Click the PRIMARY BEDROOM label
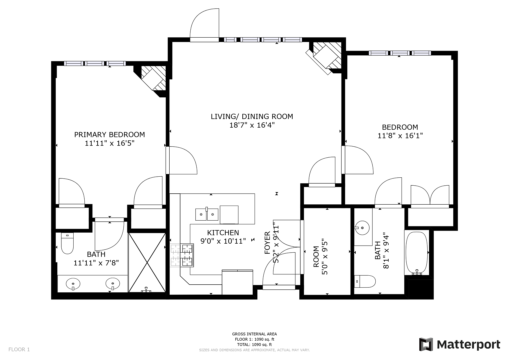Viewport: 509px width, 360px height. click(110, 135)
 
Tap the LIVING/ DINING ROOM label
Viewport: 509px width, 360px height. click(252, 117)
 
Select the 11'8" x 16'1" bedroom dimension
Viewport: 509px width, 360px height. click(400, 136)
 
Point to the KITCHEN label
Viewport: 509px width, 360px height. click(223, 233)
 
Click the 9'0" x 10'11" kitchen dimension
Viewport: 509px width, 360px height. click(223, 241)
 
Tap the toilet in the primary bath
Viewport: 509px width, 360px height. click(67, 243)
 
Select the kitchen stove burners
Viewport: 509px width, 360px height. click(182, 255)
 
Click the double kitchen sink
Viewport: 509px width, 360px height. click(207, 214)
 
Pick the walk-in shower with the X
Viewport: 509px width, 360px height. click(147, 263)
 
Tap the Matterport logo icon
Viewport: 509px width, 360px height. click(426, 344)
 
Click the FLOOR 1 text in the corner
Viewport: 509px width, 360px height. click(19, 349)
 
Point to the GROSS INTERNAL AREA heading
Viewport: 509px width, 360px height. click(254, 334)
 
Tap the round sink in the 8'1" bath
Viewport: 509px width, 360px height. click(362, 227)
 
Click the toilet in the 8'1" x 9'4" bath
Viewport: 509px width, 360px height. click(365, 281)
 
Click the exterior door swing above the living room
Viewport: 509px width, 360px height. click(204, 25)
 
